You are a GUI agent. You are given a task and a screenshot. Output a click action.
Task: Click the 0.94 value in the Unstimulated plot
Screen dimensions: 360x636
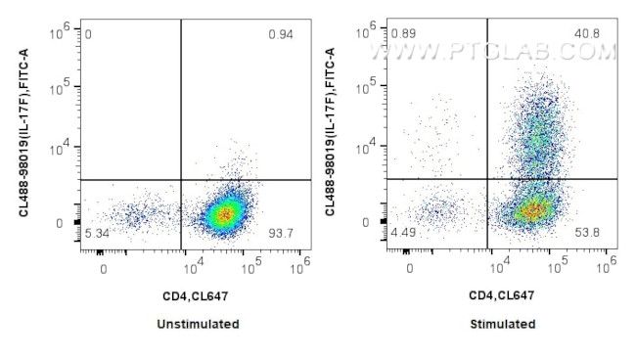(x=281, y=35)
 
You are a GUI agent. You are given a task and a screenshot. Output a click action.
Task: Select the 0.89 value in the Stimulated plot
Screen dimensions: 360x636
(x=403, y=33)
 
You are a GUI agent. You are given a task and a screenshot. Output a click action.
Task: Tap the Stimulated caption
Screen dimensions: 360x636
(x=502, y=324)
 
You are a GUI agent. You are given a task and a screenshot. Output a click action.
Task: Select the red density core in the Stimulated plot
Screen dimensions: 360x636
(x=531, y=208)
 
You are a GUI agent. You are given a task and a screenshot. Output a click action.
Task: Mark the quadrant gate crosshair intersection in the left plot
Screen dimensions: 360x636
(x=182, y=180)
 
